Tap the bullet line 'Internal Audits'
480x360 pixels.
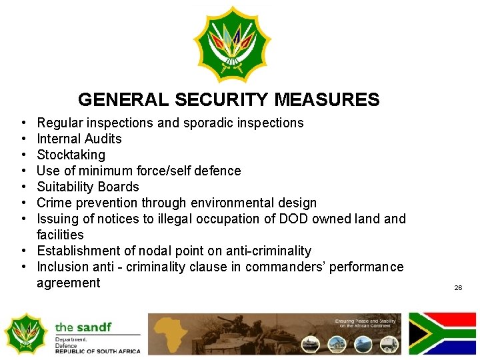click(79, 139)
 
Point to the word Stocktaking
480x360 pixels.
click(71, 155)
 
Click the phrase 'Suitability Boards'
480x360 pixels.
click(87, 187)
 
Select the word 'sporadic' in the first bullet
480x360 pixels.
click(208, 123)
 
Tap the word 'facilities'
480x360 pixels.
click(60, 235)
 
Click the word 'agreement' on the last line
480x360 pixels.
click(68, 283)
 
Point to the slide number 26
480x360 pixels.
click(458, 287)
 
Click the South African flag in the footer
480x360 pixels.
click(442, 333)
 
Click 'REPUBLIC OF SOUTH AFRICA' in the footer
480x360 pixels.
click(97, 351)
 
